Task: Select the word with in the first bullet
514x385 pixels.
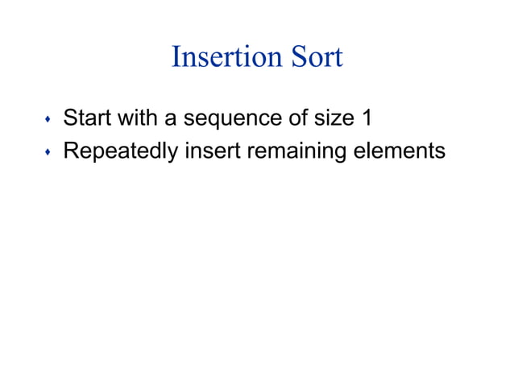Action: (139, 120)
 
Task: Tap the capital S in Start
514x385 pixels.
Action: (70, 120)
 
